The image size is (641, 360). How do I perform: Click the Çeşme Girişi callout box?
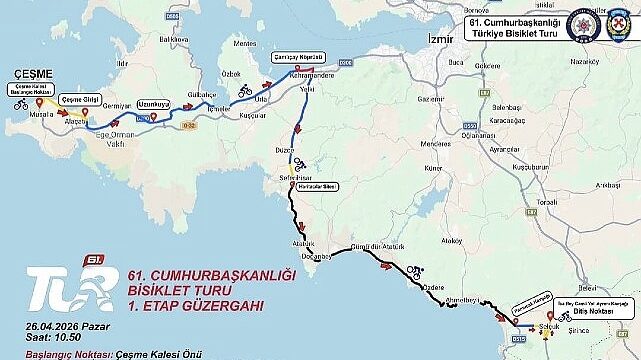[80, 99]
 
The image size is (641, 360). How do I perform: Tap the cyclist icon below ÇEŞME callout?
[21, 103]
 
